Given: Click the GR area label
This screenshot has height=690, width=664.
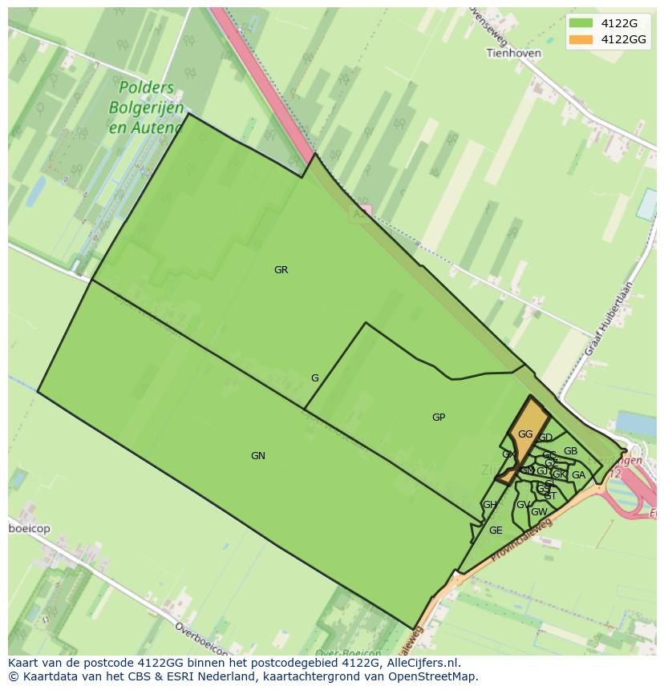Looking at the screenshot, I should click(281, 270).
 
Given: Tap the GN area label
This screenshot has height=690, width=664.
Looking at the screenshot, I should click(257, 456).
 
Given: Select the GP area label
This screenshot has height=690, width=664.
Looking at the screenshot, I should click(439, 418).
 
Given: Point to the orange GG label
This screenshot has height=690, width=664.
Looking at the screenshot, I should click(525, 434).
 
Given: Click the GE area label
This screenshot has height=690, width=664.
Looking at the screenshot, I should click(496, 531).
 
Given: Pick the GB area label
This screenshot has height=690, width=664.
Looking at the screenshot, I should click(570, 451).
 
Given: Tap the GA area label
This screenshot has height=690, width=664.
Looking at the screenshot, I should click(578, 475).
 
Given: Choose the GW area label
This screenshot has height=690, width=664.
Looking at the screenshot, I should click(539, 512).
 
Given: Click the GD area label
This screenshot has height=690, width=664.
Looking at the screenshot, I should click(545, 438).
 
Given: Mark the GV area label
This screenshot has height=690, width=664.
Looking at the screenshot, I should click(523, 505).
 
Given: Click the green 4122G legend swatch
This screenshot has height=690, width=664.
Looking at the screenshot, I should click(581, 24).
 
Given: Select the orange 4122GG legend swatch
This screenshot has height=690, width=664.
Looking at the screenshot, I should click(581, 39).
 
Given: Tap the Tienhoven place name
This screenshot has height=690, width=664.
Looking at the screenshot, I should click(513, 54).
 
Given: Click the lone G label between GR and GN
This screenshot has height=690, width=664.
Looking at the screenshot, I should click(315, 378).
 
